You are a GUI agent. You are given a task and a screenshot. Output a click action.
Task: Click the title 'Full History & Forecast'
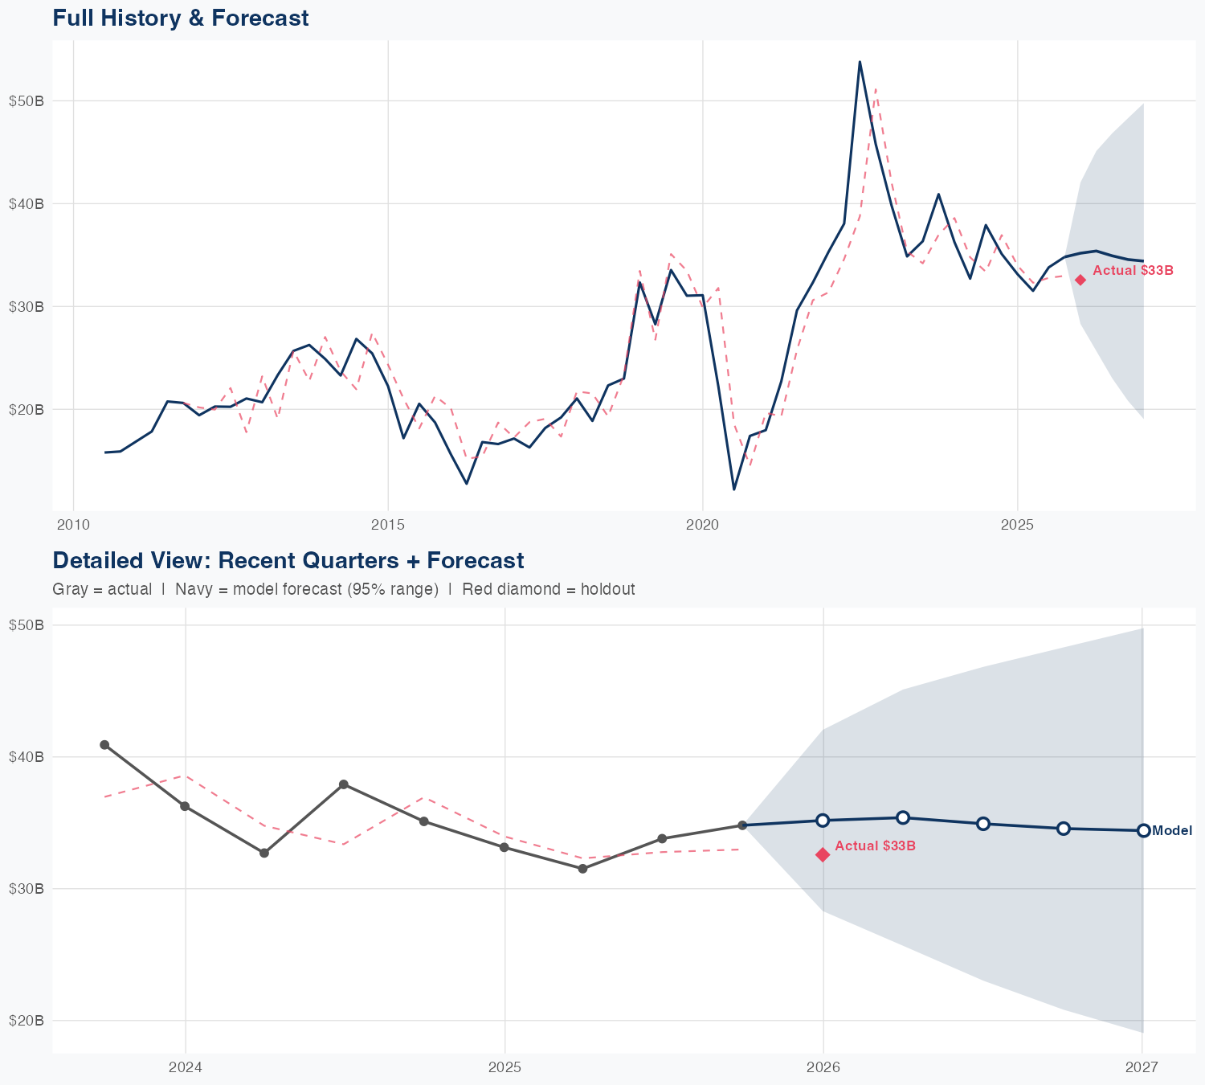pyautogui.click(x=180, y=18)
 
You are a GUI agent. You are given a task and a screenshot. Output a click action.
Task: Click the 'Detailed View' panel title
pyautogui.click(x=288, y=560)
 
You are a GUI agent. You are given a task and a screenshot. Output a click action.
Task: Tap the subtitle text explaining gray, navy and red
pyautogui.click(x=343, y=589)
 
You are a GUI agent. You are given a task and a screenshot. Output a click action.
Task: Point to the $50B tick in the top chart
pyautogui.click(x=26, y=100)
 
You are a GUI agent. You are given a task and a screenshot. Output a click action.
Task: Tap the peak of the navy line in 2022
pyautogui.click(x=860, y=62)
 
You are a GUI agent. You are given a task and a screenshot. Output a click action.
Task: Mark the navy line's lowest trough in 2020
pyautogui.click(x=733, y=489)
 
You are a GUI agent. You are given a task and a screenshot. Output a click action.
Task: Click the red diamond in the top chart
pyautogui.click(x=1080, y=280)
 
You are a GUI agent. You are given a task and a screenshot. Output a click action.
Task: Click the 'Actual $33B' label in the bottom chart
pyautogui.click(x=875, y=845)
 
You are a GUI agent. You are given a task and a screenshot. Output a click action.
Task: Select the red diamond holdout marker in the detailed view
pyautogui.click(x=823, y=854)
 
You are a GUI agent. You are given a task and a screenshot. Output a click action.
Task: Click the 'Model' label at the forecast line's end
pyautogui.click(x=1172, y=831)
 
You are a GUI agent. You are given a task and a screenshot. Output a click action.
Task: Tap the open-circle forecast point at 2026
pyautogui.click(x=823, y=820)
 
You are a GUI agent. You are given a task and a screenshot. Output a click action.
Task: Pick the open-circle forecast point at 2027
pyautogui.click(x=1143, y=831)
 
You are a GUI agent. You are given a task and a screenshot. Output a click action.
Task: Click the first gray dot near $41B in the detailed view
pyautogui.click(x=104, y=745)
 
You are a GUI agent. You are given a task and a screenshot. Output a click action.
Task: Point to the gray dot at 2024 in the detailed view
pyautogui.click(x=185, y=806)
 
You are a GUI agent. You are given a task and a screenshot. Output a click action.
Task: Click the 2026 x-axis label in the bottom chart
pyautogui.click(x=823, y=1067)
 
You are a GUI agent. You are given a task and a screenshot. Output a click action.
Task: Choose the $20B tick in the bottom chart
pyautogui.click(x=26, y=1021)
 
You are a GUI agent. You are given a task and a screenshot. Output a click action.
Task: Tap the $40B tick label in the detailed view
pyautogui.click(x=26, y=757)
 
